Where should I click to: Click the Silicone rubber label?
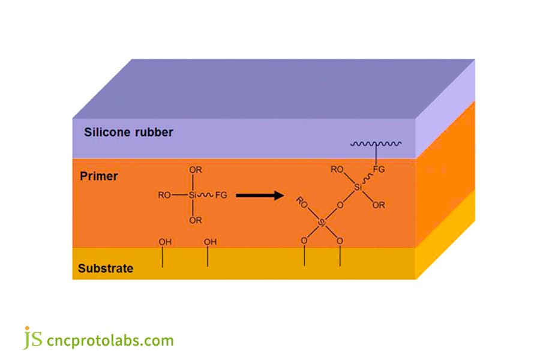[x=128, y=132]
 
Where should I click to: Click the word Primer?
[x=99, y=176]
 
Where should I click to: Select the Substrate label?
[x=105, y=268]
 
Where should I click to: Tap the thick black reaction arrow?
[x=259, y=195]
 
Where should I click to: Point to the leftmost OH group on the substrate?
[x=164, y=242]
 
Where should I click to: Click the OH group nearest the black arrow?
[x=210, y=242]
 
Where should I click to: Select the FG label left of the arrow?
[x=221, y=195]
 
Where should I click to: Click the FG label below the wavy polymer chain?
[x=379, y=169]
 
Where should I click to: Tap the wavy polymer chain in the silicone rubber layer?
[x=376, y=144]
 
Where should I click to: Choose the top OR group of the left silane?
[x=195, y=170]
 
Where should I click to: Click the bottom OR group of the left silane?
[x=195, y=220]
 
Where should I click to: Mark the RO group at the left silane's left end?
[x=164, y=195]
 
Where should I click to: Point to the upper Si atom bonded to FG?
[x=358, y=188]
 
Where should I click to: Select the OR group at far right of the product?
[x=379, y=205]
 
